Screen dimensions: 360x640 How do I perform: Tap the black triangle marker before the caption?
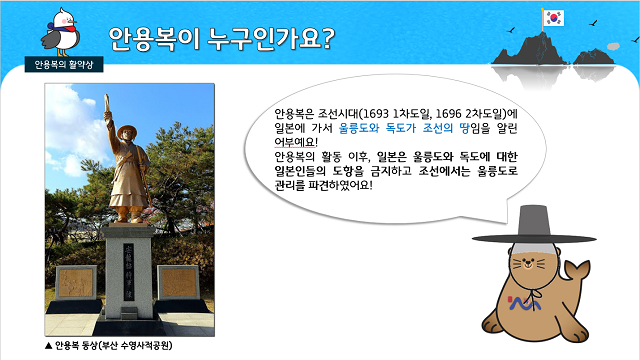(49, 346)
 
